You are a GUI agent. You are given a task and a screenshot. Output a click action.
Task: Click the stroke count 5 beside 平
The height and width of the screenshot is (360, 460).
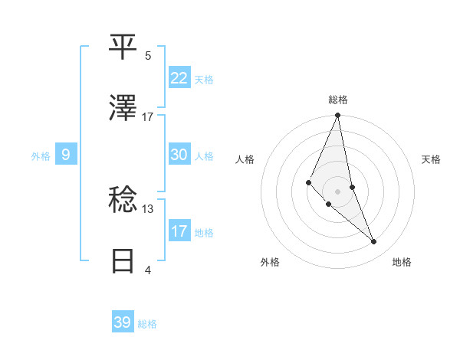coord(148,55)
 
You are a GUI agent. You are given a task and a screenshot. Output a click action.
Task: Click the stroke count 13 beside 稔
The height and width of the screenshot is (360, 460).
coord(148,208)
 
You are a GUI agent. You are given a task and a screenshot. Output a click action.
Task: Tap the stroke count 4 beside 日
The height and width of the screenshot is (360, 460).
coord(148,270)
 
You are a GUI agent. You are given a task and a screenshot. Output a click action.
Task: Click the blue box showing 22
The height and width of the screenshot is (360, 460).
coord(179,78)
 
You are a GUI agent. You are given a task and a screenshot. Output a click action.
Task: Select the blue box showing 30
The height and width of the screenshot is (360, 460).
coord(179,155)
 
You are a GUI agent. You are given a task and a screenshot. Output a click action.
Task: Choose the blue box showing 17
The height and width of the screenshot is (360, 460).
coord(179,231)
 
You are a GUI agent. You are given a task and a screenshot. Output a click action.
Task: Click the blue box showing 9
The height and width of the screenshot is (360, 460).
coord(66,155)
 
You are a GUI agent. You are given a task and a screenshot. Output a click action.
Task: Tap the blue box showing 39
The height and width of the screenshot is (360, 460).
coord(122,322)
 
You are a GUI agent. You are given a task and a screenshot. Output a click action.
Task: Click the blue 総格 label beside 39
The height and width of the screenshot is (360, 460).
coord(147,324)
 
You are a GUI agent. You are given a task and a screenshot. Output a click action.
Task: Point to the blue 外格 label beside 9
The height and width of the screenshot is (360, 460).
coord(41,156)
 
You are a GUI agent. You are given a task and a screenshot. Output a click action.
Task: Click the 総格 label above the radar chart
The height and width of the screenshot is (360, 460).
coord(338,100)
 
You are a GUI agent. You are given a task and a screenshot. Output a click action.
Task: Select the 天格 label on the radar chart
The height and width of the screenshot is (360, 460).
coord(431,159)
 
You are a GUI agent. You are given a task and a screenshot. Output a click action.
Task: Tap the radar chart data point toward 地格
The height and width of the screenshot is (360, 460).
coord(374,242)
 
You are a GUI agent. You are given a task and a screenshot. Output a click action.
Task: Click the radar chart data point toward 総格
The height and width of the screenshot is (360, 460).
coord(337,116)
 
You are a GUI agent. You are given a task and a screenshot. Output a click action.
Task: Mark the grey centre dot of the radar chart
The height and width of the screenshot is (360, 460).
coord(337,191)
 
